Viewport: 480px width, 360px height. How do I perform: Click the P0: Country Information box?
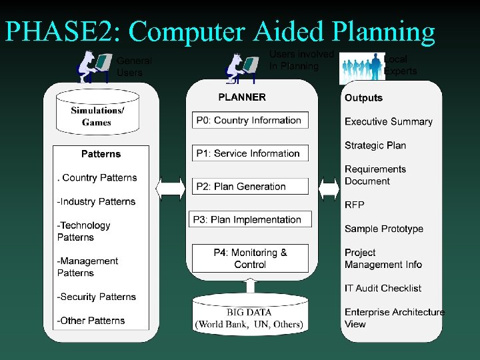coord(249,121)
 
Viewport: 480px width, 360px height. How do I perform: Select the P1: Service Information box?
coord(249,153)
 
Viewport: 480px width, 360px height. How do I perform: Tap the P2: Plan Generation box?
coord(249,187)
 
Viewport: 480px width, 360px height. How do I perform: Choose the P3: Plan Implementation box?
coord(248,219)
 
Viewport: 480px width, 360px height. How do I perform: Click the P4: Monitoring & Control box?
coord(250,259)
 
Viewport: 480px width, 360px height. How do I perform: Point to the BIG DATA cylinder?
coord(249,318)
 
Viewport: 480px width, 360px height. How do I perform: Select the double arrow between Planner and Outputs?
coord(329,188)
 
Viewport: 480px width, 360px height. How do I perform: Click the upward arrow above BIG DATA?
coord(250,285)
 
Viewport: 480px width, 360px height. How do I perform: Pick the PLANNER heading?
coord(242,97)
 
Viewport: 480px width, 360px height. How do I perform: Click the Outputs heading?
coord(363,98)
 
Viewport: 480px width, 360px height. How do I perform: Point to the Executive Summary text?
coord(389,121)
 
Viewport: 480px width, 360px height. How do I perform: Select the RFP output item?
coord(355,205)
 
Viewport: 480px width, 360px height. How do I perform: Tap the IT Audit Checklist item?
coord(383,288)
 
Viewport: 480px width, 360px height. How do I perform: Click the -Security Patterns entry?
coord(97,297)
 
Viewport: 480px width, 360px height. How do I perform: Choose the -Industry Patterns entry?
coord(97,201)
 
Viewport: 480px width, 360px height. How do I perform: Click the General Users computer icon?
coord(93,67)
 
